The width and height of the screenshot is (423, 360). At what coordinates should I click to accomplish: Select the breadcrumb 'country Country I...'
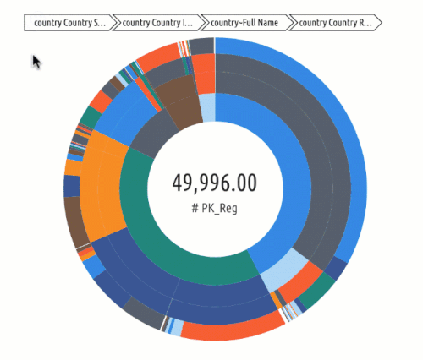coord(158,23)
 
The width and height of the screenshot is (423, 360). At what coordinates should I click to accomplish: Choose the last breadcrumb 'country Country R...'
coord(335,23)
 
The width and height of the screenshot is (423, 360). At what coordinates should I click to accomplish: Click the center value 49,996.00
coord(215,183)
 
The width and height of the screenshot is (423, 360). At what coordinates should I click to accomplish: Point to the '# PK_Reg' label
coord(216,207)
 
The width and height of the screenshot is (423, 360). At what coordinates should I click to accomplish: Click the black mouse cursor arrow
coord(36,62)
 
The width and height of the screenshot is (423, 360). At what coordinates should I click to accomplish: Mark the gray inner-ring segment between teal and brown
coord(152,135)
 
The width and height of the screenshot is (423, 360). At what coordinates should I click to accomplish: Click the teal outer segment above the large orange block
coord(91,117)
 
